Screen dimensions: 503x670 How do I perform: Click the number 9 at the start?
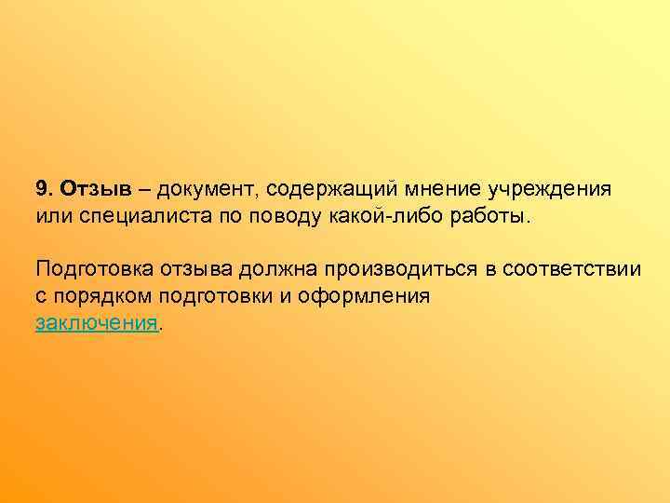(42, 189)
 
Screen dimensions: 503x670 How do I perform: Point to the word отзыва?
(194, 270)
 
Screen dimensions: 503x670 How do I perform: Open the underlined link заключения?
(97, 323)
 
